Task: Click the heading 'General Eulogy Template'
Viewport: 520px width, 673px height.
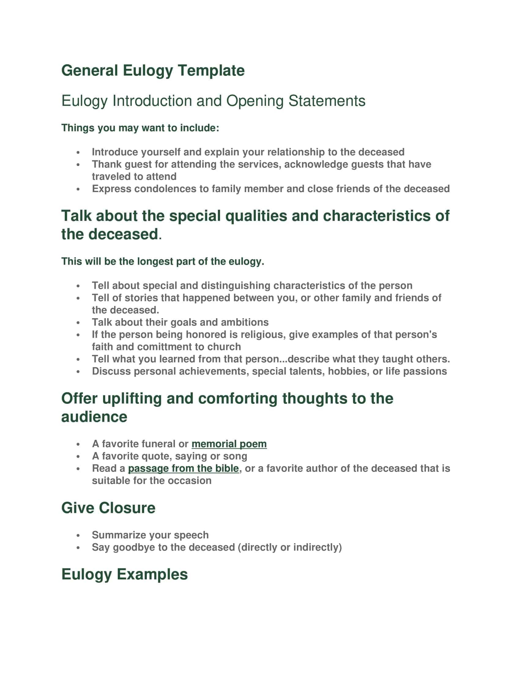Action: point(153,71)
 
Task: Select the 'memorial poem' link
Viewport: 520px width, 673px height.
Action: point(229,444)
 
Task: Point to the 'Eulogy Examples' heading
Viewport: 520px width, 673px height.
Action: point(124,574)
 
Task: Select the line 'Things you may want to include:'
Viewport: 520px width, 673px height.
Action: point(140,128)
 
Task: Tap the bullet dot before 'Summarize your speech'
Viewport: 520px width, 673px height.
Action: point(78,536)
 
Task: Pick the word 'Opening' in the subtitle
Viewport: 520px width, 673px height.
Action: point(254,101)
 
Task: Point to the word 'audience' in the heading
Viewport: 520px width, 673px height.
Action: point(94,417)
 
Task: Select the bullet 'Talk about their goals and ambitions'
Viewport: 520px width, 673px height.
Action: point(180,322)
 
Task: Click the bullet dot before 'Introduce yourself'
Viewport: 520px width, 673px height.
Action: point(78,153)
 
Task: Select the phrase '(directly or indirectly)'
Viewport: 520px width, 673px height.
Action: point(290,547)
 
